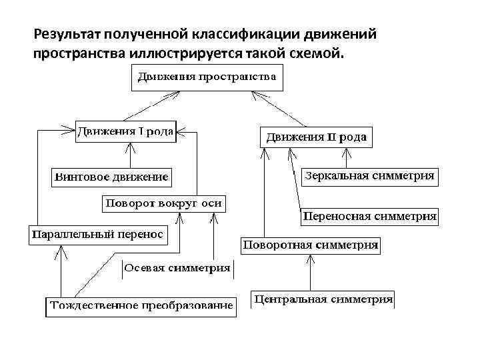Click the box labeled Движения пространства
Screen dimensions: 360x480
pyautogui.click(x=207, y=77)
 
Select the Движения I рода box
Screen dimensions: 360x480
pyautogui.click(x=125, y=131)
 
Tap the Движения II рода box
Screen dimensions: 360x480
pyautogui.click(x=315, y=137)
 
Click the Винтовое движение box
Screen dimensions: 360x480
pyautogui.click(x=111, y=178)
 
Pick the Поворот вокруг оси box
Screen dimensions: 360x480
pyautogui.click(x=163, y=203)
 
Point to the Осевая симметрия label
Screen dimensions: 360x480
pyautogui.click(x=177, y=269)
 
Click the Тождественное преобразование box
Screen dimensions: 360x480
pyautogui.click(x=141, y=306)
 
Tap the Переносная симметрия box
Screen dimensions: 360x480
pyautogui.click(x=370, y=216)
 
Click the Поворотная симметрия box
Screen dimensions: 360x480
pyautogui.click(x=311, y=245)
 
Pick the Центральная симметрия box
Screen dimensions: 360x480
pyautogui.click(x=323, y=299)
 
